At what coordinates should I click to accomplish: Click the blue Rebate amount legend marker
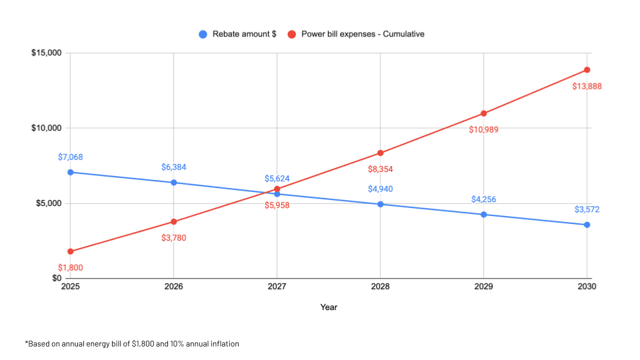pos(203,34)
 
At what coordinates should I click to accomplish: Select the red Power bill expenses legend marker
pos(291,34)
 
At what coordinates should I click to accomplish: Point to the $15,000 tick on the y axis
pos(47,53)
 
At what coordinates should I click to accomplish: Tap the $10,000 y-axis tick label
pos(47,128)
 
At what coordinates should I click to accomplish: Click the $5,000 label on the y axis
pos(49,203)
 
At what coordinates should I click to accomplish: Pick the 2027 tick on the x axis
pos(277,287)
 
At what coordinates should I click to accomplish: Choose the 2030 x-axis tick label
pos(587,287)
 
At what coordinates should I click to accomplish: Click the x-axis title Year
pos(328,307)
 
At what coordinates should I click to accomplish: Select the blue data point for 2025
pos(71,172)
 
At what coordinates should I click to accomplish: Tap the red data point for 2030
pos(587,70)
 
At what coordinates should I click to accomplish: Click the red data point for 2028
pos(381,153)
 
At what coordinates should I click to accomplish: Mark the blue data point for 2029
pos(484,215)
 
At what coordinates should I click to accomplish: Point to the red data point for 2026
pos(174,221)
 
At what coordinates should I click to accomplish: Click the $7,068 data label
pos(71,157)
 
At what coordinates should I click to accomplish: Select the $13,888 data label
pos(587,87)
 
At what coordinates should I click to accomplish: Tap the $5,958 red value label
pos(277,205)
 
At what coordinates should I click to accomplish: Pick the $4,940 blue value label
pos(381,189)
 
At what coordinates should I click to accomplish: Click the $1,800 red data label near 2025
pos(71,268)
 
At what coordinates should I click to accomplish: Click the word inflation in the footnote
pos(223,344)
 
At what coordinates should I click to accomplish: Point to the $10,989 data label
pos(484,129)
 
